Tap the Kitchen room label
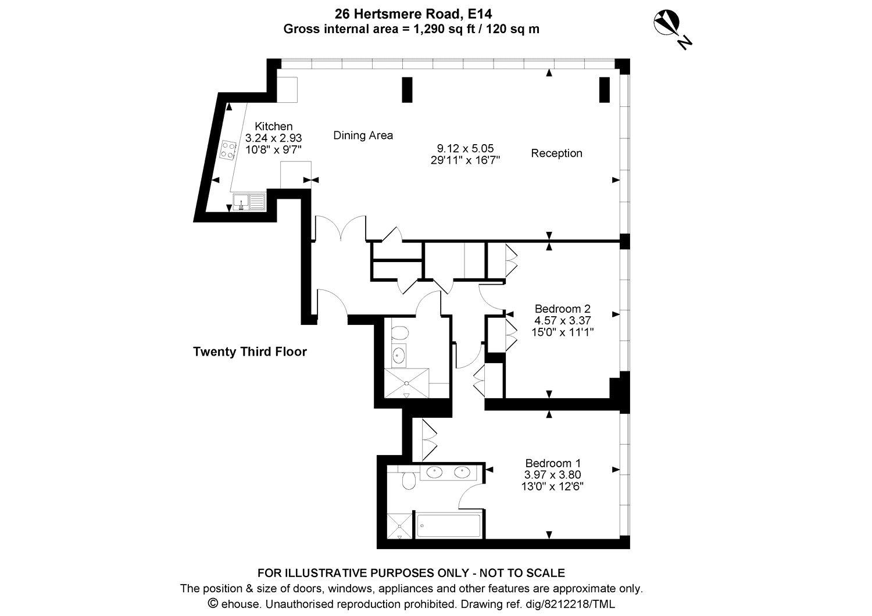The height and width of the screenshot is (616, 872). (273, 127)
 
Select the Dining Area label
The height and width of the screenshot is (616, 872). (363, 135)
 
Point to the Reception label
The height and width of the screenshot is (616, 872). (556, 153)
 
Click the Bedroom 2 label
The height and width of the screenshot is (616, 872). (562, 309)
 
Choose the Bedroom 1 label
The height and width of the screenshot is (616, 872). (552, 463)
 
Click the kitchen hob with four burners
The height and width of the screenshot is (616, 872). (227, 151)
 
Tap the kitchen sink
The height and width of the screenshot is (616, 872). (249, 202)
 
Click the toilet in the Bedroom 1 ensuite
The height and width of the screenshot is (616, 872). (409, 480)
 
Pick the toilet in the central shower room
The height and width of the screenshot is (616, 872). (399, 334)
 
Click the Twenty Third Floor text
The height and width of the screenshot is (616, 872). (249, 352)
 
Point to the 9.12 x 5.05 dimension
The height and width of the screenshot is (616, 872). (465, 148)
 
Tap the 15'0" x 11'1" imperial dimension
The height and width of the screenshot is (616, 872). (562, 332)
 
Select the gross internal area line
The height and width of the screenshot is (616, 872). (410, 29)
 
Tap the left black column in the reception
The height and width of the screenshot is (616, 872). (408, 89)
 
